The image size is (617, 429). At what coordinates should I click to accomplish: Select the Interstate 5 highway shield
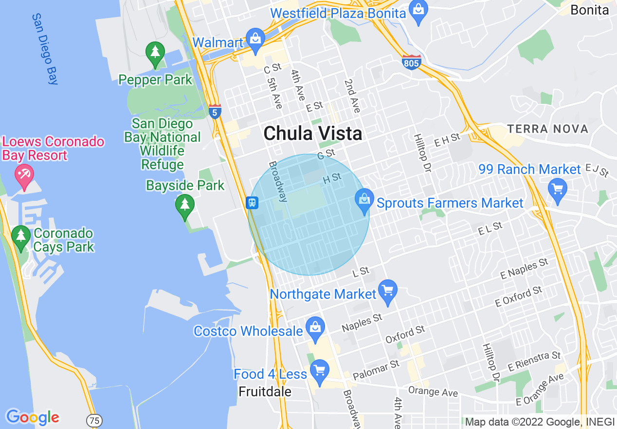215,111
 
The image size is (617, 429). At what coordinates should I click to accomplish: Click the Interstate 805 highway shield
412,62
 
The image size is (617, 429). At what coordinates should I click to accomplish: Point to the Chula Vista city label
313,134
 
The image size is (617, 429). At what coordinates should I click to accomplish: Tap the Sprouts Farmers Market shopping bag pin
363,200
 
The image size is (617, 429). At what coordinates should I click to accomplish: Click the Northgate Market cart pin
388,291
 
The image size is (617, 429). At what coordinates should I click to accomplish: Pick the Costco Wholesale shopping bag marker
315,328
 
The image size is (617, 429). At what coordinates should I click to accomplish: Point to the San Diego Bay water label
45,49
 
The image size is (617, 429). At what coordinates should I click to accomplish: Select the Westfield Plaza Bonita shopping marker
417,10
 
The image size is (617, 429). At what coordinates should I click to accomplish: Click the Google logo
33,418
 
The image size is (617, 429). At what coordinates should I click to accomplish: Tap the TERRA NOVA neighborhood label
547,129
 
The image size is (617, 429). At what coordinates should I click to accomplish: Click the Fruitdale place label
265,391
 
